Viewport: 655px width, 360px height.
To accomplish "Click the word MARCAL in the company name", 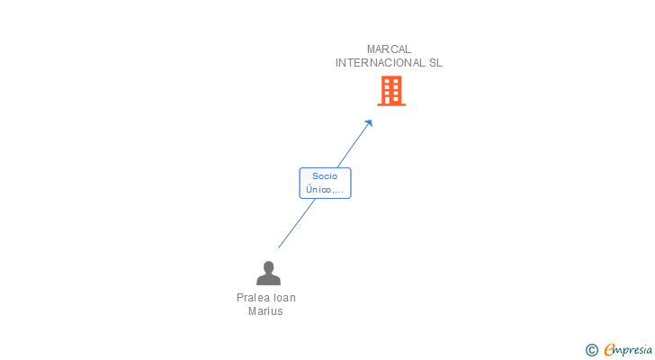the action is pos(389,49).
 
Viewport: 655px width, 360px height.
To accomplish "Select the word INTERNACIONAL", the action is pos(381,63).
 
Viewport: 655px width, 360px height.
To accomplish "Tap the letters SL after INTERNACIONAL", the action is pos(435,63).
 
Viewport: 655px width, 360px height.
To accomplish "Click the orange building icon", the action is pos(391,91).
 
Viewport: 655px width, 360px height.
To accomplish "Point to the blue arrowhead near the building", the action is pos(369,123).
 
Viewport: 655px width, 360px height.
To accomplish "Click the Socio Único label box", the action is pos(325,183).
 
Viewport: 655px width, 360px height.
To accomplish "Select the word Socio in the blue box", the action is pos(325,176).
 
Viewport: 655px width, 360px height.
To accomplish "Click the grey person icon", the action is pos(268,273).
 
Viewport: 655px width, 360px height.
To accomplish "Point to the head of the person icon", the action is pos(269,267).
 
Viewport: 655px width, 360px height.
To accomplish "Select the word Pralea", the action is pos(250,298).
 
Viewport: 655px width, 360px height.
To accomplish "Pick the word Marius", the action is pos(265,311).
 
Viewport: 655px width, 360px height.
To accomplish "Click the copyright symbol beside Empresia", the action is pos(591,350).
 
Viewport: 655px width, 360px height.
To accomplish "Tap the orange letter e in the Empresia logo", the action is pos(609,349).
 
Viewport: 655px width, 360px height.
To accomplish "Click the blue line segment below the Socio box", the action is pos(297,223).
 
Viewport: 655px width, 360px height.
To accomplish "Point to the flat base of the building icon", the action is pos(391,104).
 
